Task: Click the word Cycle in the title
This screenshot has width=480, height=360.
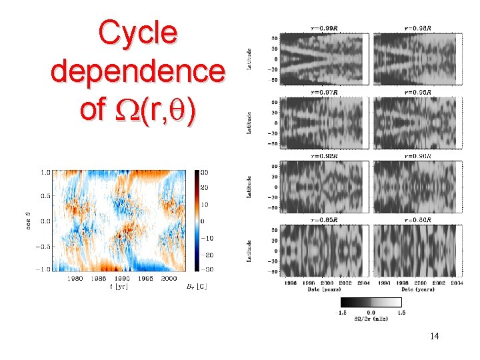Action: click(x=138, y=33)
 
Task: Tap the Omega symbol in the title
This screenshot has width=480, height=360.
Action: click(x=113, y=110)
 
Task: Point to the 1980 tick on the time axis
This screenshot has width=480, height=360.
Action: click(x=75, y=278)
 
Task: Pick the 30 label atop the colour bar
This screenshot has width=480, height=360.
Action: click(x=205, y=172)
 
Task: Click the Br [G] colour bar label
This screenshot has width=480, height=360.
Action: click(x=199, y=287)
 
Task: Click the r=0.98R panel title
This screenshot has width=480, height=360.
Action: click(x=417, y=29)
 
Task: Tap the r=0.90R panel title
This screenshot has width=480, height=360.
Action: click(x=417, y=155)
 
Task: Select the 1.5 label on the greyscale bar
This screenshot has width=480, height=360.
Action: click(x=401, y=311)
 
